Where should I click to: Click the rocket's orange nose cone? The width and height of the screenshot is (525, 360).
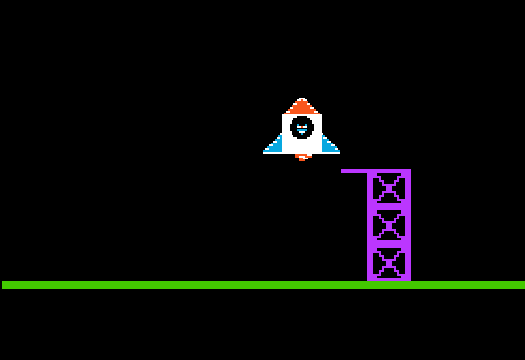coord(302,106)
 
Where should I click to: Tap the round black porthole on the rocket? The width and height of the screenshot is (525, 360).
coord(302,127)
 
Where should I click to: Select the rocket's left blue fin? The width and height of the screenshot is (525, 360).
coord(275,145)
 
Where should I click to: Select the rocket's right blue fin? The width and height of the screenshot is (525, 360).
coord(329,145)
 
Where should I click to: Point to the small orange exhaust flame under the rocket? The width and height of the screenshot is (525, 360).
coord(302,157)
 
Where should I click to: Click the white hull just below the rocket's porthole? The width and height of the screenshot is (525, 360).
coord(302,145)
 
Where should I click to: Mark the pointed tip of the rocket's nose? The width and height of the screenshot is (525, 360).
coord(302,98)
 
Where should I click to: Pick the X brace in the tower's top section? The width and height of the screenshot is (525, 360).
coord(389,188)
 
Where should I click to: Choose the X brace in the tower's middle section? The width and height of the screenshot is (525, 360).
coord(389,226)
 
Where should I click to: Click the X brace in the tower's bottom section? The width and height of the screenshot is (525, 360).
coord(389,262)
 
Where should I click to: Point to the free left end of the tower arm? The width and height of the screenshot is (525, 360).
coord(343,171)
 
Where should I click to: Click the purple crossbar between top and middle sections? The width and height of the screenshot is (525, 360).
coord(389,207)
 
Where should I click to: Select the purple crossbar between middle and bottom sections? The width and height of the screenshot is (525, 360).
coord(389,244)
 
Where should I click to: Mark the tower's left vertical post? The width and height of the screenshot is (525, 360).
coord(370,225)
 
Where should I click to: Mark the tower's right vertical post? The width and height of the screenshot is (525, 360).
coord(408,225)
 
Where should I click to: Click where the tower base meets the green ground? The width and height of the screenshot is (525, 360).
coord(389,280)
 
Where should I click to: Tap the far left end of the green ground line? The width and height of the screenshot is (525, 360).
coord(4,285)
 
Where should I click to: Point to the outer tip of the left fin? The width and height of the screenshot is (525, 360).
coord(265,151)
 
